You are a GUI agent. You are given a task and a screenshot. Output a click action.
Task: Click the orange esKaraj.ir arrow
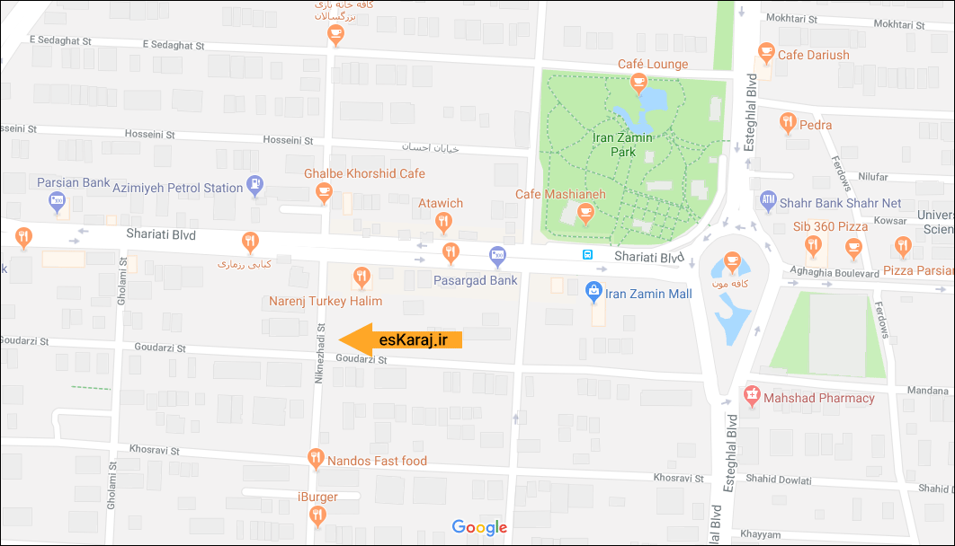[x=401, y=339]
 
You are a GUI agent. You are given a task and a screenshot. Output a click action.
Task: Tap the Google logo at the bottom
[x=479, y=527]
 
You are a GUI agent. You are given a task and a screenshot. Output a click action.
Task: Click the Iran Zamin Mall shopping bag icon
[x=593, y=291]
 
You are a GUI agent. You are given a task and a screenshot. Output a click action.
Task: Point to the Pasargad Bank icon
[x=497, y=257]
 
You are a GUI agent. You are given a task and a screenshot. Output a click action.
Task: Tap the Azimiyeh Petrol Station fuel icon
[x=255, y=186]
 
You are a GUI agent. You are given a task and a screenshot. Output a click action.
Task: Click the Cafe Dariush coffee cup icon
[x=766, y=53]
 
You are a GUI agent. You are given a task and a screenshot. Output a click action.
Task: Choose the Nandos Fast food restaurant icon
[x=316, y=460]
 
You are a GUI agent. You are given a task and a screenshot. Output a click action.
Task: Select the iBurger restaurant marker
[x=317, y=515]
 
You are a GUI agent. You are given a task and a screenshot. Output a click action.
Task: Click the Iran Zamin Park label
[x=622, y=145]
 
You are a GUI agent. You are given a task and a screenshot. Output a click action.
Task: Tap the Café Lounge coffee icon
[x=638, y=84]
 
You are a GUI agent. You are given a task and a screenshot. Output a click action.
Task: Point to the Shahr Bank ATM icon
[x=768, y=200]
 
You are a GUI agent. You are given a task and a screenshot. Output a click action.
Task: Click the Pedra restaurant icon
[x=788, y=122]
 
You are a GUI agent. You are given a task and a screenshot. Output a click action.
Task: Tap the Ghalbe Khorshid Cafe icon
[x=325, y=190]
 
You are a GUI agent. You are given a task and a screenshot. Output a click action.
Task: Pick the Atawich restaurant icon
[x=442, y=221]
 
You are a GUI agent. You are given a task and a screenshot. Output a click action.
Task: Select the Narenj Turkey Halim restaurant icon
[x=361, y=277]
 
